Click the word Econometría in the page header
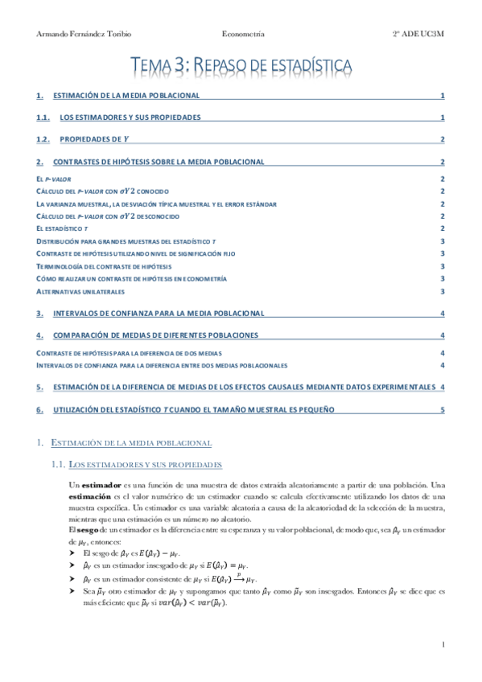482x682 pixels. [x=243, y=34]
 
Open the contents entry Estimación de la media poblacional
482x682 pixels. [x=126, y=96]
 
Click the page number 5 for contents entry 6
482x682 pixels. [x=442, y=409]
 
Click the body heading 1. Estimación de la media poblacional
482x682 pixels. [x=130, y=442]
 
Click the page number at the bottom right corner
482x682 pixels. [x=443, y=644]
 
